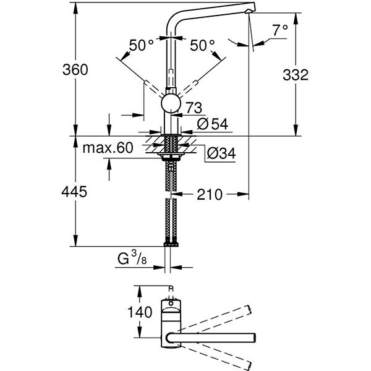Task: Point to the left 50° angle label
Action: pyautogui.click(x=142, y=45)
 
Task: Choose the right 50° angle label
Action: pyautogui.click(x=203, y=45)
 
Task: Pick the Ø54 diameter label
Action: pyautogui.click(x=211, y=124)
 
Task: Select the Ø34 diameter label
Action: pyautogui.click(x=221, y=152)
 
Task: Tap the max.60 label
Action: pyautogui.click(x=108, y=148)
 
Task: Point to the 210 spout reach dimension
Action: pyautogui.click(x=210, y=195)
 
